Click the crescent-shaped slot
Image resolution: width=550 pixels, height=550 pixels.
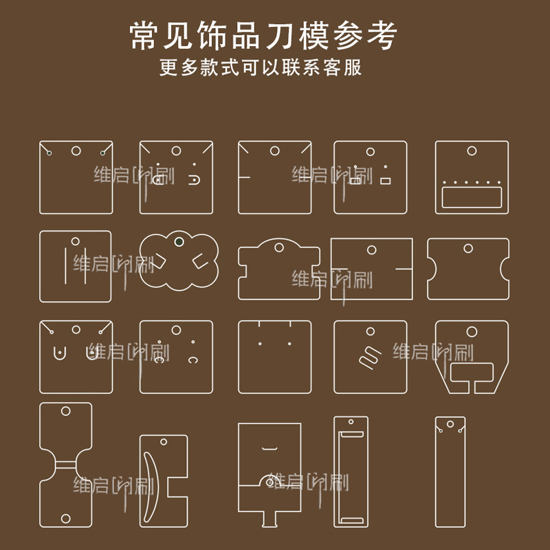point(151,478)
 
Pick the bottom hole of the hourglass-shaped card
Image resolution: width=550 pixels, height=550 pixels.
point(66,517)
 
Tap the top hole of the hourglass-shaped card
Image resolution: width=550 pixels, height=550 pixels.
point(66,411)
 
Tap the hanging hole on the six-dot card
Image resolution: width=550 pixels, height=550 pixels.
point(472,151)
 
